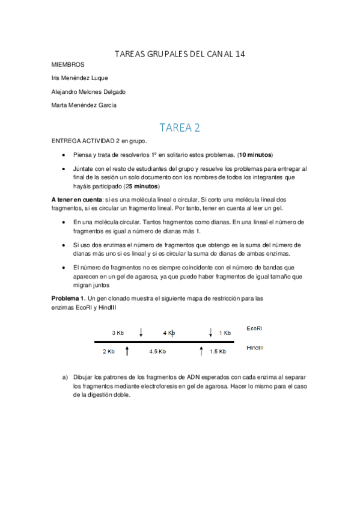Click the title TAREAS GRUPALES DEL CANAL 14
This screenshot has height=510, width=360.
tap(180, 54)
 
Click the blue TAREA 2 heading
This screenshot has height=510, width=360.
tap(180, 127)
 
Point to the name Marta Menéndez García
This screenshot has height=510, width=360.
tap(84, 105)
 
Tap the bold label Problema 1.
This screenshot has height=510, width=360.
tap(69, 298)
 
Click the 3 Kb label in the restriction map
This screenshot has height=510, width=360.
tap(118, 333)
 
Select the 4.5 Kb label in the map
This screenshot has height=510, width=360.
tap(157, 351)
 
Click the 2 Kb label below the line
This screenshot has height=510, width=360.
tap(108, 351)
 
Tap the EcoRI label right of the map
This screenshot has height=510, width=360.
tap(255, 328)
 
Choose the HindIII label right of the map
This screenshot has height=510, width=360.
tap(255, 348)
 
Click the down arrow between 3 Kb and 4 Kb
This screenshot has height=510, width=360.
tap(141, 332)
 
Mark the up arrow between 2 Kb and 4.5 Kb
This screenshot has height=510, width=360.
tap(127, 351)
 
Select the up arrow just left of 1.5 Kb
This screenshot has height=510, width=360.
tap(201, 351)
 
